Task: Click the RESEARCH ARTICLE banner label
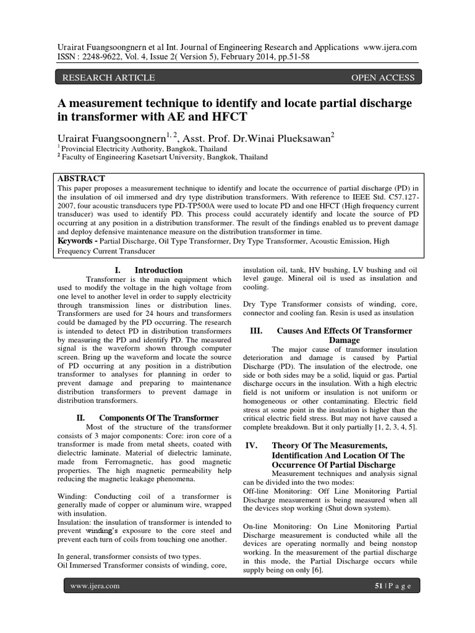[x=105, y=77]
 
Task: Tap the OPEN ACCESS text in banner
[x=382, y=77]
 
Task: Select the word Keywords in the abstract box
[x=79, y=240]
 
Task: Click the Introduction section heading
[x=158, y=270]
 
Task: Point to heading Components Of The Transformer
[x=159, y=418]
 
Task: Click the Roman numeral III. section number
[x=256, y=331]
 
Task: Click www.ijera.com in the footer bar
[x=95, y=585]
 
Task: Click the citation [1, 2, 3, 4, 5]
[x=388, y=427]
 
